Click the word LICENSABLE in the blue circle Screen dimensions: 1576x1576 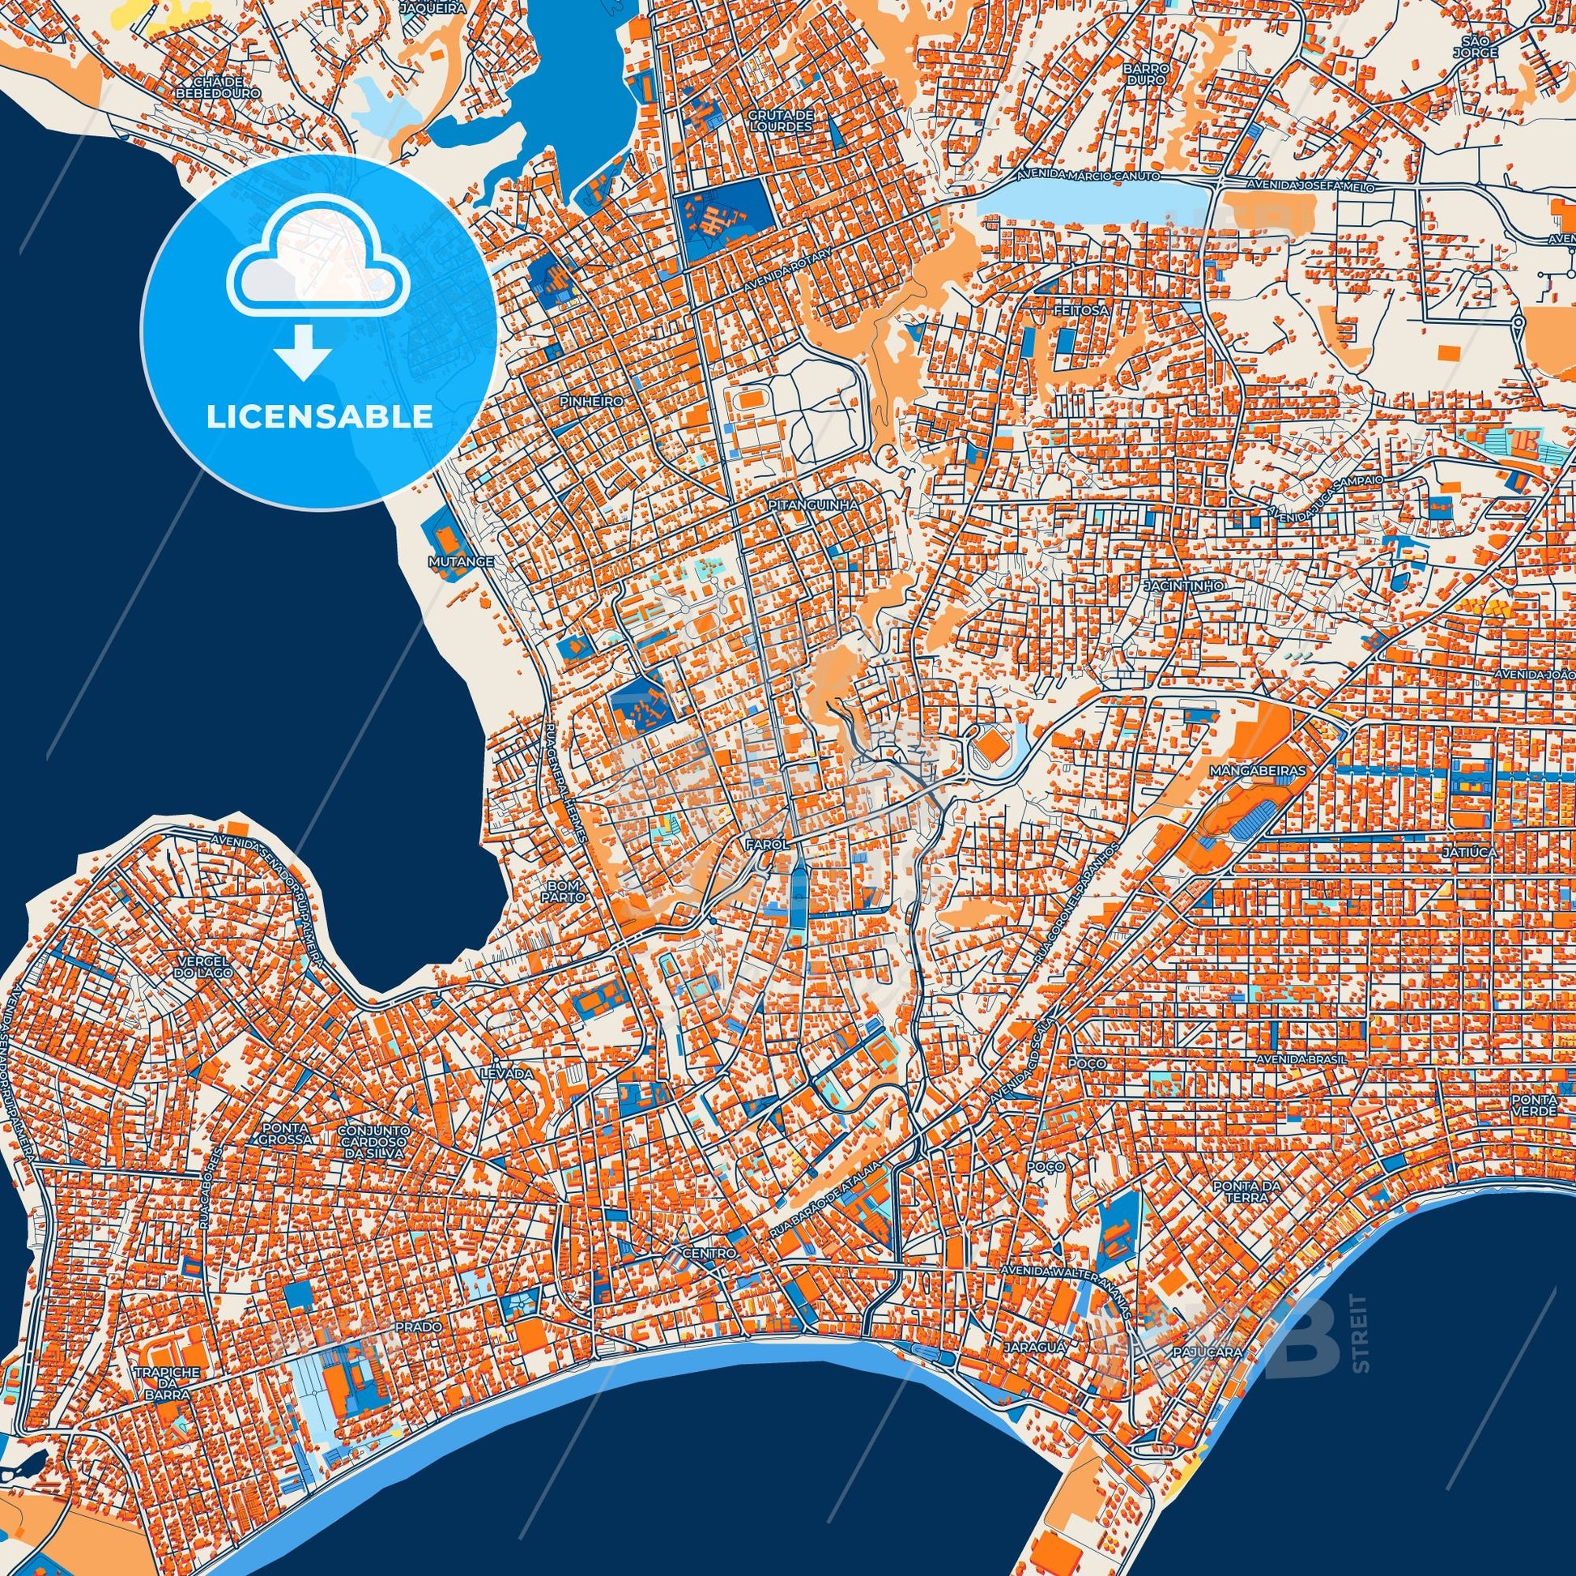(320, 417)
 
